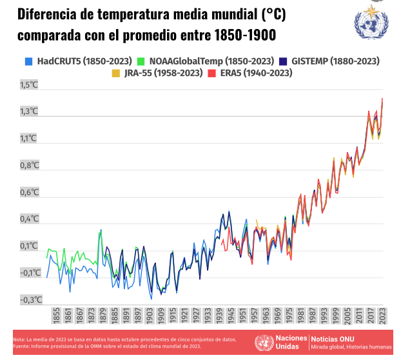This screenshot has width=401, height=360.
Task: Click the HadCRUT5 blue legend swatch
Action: coord(28,62)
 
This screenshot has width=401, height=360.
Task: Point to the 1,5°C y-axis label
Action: coord(30,84)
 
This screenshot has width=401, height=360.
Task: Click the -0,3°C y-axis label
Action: coord(30,299)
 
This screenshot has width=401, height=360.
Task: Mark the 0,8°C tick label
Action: coord(30,166)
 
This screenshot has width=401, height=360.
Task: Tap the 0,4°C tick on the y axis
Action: coord(30,219)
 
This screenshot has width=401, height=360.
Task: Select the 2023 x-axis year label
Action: coord(382,316)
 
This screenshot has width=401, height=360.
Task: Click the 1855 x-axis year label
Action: coord(57,316)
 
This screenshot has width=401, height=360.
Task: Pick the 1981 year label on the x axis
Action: coord(301,316)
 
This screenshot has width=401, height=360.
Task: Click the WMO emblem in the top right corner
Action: coord(372,21)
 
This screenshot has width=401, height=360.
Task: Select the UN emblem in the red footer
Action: coord(263,343)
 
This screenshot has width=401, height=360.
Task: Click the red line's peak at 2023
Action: coord(382,99)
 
